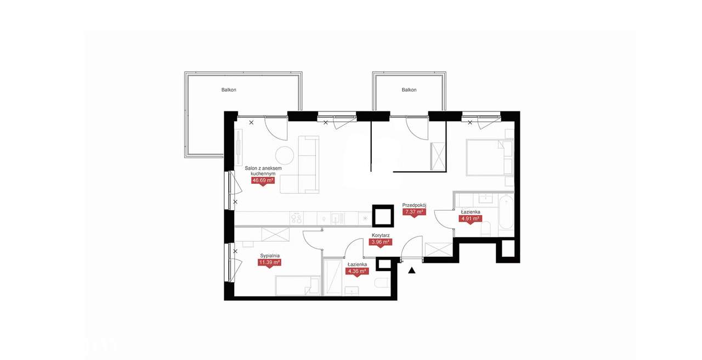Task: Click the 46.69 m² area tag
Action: (x=263, y=181)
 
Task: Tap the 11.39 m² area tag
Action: (x=269, y=262)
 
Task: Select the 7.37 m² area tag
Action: (x=414, y=212)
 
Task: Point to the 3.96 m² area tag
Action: (x=380, y=242)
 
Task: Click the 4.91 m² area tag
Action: (x=470, y=218)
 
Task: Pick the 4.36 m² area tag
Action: (x=357, y=271)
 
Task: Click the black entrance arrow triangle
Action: (x=411, y=271)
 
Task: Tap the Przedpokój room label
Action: (x=414, y=205)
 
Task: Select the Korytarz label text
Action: (x=381, y=235)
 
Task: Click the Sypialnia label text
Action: (x=269, y=256)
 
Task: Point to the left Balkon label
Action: (x=229, y=89)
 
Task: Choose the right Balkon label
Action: (x=409, y=89)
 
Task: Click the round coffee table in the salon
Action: (x=285, y=155)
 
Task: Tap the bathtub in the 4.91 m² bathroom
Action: (x=506, y=212)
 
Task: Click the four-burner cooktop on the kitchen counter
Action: (x=296, y=218)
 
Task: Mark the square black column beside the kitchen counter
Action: (x=383, y=216)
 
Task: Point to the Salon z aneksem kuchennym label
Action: (x=263, y=171)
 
